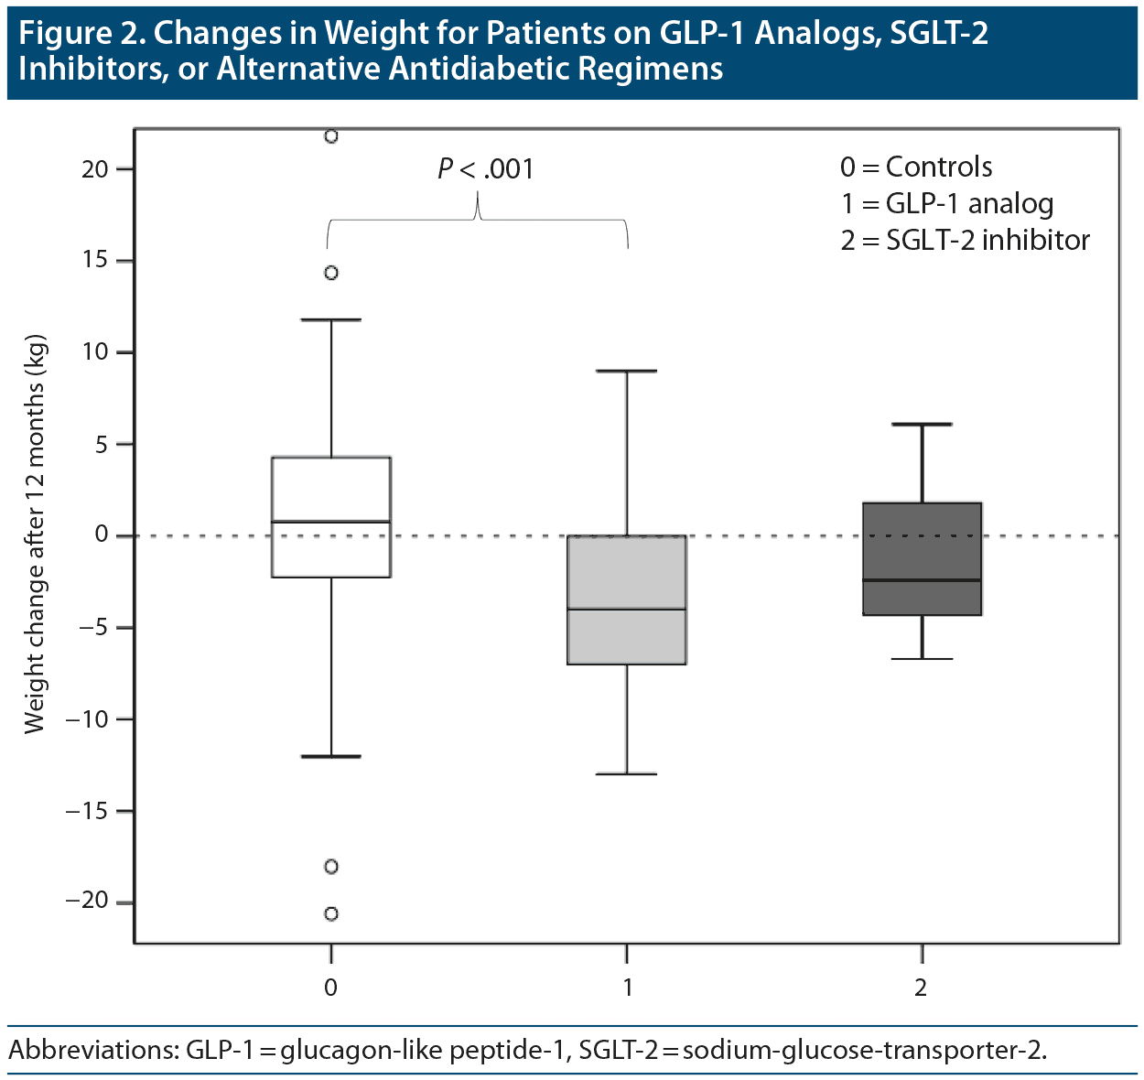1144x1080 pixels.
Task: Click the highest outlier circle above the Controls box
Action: click(331, 136)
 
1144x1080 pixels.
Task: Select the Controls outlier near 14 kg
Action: click(331, 273)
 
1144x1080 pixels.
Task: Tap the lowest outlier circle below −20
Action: click(331, 913)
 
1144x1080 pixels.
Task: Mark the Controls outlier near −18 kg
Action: click(331, 866)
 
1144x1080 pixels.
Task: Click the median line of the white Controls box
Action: click(331, 522)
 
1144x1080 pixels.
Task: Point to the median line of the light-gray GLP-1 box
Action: click(627, 609)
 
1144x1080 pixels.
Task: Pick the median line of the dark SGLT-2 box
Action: click(922, 580)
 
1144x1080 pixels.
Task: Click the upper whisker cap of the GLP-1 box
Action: click(627, 371)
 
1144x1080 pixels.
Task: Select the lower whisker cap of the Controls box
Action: click(331, 756)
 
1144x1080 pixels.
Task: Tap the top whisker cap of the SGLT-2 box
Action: click(922, 425)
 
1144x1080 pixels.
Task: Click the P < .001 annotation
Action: click(485, 169)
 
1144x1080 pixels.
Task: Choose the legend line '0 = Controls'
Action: click(916, 167)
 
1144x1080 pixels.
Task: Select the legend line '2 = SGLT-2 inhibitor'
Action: click(966, 241)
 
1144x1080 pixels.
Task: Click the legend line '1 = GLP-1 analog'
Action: click(947, 204)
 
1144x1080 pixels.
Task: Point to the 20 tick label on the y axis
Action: click(94, 169)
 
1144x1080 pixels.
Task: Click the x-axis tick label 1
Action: click(628, 988)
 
